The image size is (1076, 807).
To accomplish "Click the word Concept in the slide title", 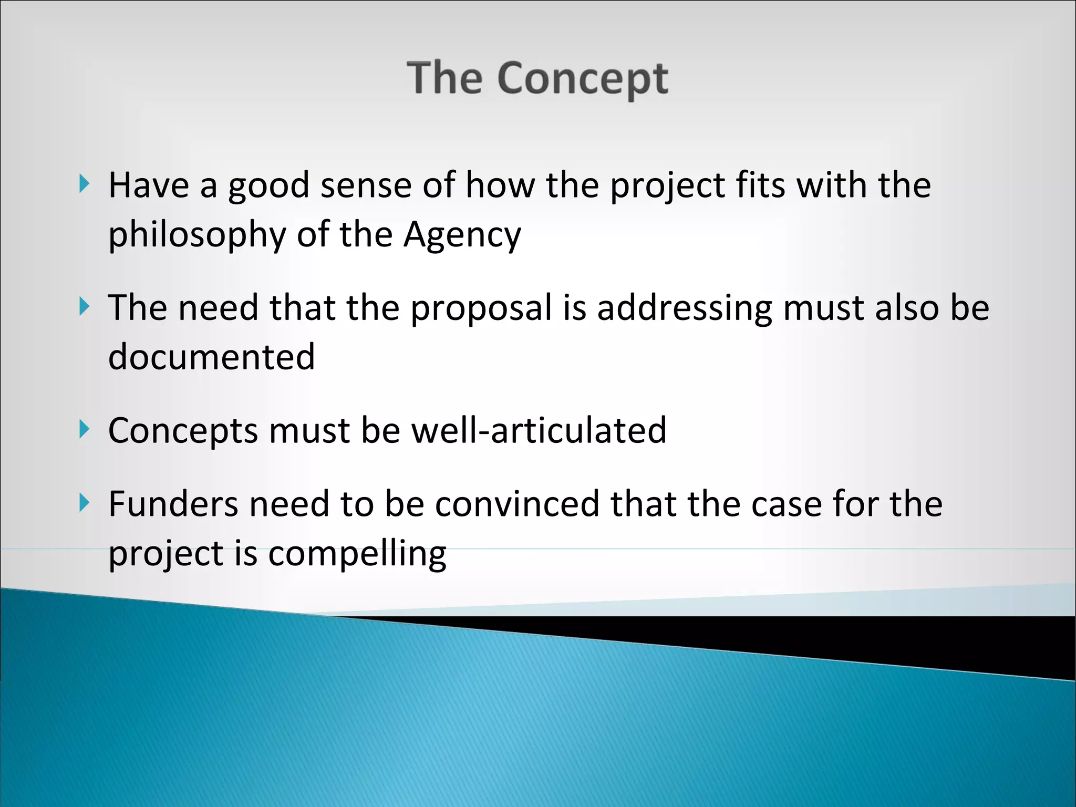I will point(583,79).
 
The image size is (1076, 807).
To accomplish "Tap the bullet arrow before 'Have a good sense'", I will point(85,184).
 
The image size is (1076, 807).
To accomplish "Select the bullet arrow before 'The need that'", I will point(85,306).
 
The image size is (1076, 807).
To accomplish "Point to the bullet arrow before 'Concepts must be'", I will point(85,429).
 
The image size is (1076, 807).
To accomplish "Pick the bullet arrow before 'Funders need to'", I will point(85,503).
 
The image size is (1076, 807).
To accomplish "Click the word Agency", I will point(462,235).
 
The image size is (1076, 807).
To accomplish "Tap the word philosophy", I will point(197,235).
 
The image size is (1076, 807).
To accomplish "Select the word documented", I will point(211,357).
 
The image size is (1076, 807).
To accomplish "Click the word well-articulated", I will point(539,430).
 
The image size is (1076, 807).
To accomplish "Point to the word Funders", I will point(173,504).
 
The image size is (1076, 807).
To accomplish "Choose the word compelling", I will point(357,554).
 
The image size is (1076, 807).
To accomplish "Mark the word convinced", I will point(517,504).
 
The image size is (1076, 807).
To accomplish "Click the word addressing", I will point(685,308).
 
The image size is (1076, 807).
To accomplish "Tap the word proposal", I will point(481,308).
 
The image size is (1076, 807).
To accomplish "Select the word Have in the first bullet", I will point(149,185).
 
